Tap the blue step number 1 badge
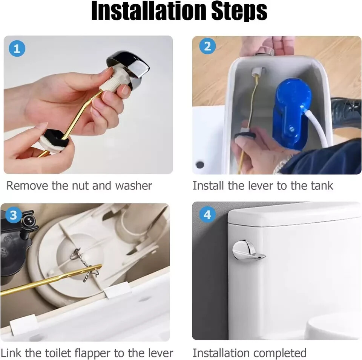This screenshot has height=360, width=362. (17, 49)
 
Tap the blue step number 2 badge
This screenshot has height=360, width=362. (207, 46)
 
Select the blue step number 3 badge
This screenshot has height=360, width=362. (14, 215)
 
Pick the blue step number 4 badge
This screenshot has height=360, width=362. (207, 215)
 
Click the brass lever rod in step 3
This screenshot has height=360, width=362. (49, 281)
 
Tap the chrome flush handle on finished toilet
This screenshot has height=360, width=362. (247, 251)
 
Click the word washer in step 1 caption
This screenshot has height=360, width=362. (133, 186)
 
